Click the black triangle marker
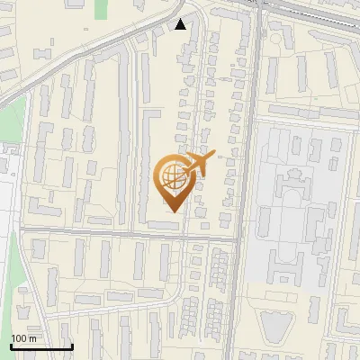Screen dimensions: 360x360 181,24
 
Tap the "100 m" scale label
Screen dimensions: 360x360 24,338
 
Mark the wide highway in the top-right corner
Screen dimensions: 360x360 315,13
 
